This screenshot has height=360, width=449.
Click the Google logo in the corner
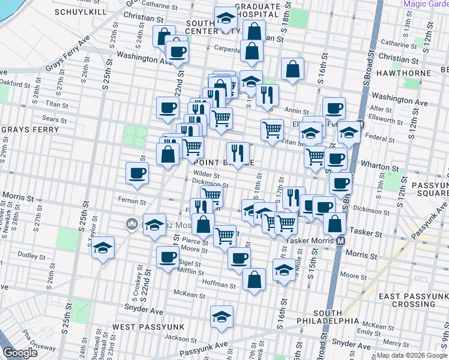[x=20, y=353]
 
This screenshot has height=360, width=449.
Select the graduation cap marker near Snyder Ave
[x=221, y=318]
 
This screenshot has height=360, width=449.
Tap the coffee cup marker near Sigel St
[x=167, y=258]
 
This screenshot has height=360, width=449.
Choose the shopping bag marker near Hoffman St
[x=254, y=280]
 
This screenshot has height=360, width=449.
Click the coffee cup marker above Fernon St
[x=137, y=174]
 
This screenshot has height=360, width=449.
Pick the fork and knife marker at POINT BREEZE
[x=238, y=154]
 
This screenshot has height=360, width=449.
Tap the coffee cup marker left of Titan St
[x=168, y=109]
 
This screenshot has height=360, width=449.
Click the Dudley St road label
[x=28, y=254]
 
